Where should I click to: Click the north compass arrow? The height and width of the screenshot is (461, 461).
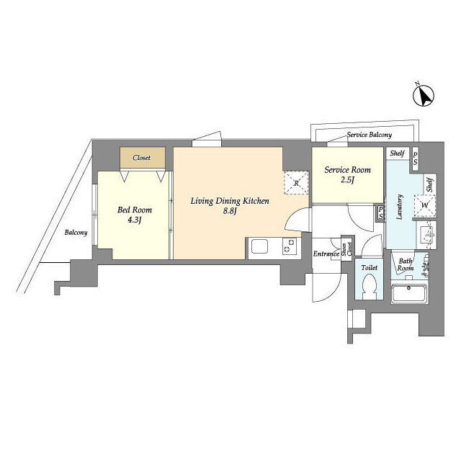[x=424, y=96]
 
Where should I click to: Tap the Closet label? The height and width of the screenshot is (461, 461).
[x=141, y=158]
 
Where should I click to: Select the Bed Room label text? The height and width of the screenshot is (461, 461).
[x=135, y=210]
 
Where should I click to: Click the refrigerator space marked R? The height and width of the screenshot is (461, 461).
[x=296, y=183]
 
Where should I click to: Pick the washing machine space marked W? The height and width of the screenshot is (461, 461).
[x=425, y=205]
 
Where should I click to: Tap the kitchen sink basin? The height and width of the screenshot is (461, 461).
[x=259, y=246]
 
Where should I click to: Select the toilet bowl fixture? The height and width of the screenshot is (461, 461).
[x=369, y=287]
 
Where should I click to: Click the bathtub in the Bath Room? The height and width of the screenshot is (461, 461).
[x=408, y=292]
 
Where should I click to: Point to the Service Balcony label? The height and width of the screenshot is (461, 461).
[x=370, y=135]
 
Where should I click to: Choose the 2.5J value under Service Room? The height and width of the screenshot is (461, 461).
[x=347, y=180]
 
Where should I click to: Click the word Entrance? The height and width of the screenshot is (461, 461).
[x=326, y=254]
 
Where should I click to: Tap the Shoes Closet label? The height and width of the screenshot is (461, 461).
[x=347, y=251]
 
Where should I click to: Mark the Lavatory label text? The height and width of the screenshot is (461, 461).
[x=399, y=207]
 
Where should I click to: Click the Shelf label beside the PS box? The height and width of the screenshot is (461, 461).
[x=397, y=153]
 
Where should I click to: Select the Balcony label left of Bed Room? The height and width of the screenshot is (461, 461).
[x=76, y=233]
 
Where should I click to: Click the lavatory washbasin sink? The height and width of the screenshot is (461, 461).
[x=426, y=236]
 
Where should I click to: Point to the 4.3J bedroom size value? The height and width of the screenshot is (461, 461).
[x=135, y=220]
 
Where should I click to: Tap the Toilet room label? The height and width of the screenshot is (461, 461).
[x=370, y=268]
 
